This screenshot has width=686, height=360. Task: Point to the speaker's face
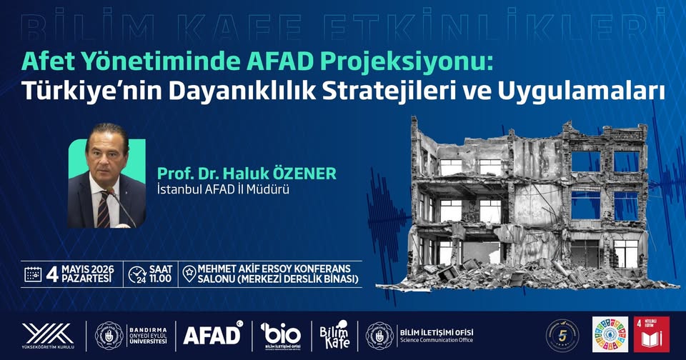104,152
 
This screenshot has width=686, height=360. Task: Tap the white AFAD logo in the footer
212,334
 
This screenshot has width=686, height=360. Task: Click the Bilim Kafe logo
335,334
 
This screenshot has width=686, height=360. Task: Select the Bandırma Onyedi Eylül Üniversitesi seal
109,334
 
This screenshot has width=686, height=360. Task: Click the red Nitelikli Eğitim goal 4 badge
651,334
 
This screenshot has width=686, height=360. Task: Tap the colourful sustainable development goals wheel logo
610,334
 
